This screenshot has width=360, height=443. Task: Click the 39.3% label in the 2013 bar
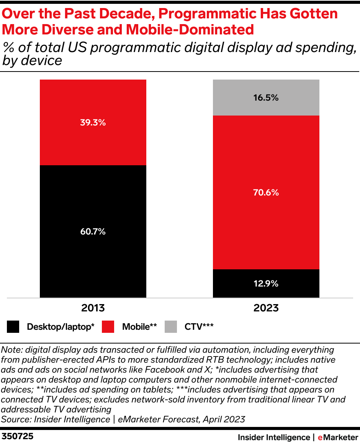tap(93, 123)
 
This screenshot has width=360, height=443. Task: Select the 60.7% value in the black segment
tap(93, 231)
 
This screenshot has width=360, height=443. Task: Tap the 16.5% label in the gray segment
tap(266, 98)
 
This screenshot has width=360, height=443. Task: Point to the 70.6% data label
tap(266, 192)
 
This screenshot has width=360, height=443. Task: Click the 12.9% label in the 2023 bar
tap(266, 283)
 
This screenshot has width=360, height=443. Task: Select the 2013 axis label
tap(93, 308)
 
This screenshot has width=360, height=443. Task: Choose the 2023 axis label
tap(266, 308)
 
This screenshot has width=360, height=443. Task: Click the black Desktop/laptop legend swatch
tap(13, 327)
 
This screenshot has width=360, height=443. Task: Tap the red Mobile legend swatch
tap(108, 327)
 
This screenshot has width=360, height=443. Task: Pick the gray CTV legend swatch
tap(171, 327)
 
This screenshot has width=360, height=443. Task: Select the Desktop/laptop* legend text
tap(61, 327)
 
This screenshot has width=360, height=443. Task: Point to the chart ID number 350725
tap(18, 436)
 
